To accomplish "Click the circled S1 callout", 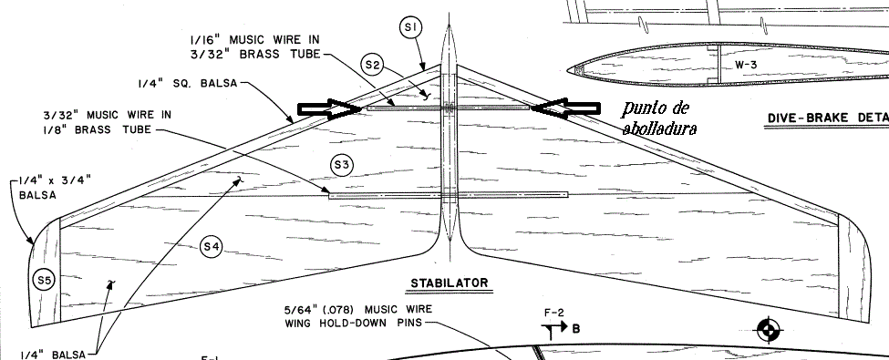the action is click(411, 27).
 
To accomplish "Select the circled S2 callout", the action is click(372, 66).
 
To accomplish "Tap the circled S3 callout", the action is click(341, 166).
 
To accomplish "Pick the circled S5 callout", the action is click(45, 280).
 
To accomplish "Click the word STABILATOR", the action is click(450, 283).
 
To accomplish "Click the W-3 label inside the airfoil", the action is click(746, 65).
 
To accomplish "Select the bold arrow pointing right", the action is click(330, 108).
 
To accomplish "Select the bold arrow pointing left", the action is click(565, 108).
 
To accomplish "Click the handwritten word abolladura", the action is click(659, 129).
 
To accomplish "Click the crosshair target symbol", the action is click(769, 330).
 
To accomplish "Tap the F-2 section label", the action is click(553, 313).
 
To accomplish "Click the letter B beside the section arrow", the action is click(575, 328).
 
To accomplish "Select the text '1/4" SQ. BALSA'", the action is click(187, 84).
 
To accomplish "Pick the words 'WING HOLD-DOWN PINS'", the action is click(353, 324).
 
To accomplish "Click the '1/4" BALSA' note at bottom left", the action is click(53, 355).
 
